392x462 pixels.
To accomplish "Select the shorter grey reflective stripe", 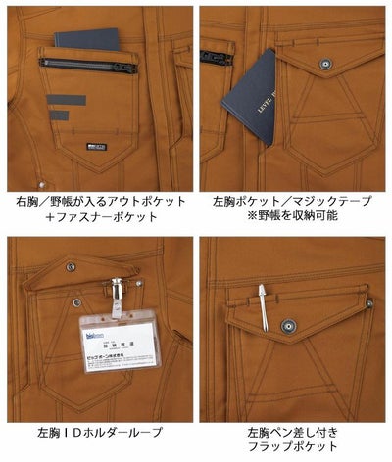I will coord(60,115).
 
